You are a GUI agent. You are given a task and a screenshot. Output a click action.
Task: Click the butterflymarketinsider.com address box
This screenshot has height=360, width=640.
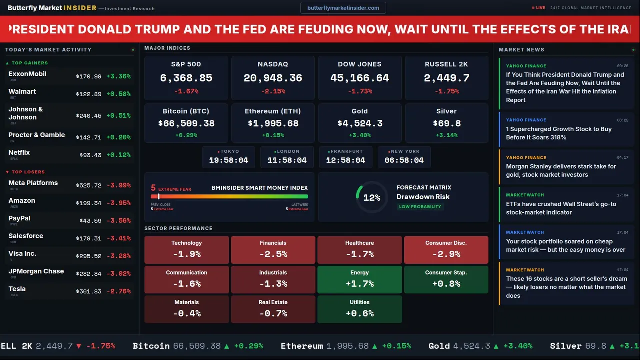click(x=343, y=8)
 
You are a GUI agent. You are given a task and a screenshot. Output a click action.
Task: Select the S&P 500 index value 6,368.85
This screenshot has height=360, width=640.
click(x=186, y=78)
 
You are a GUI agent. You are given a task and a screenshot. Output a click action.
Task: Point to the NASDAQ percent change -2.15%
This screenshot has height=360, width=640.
click(x=273, y=91)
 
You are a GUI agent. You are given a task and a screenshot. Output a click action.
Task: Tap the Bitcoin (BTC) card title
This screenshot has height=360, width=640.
click(x=186, y=111)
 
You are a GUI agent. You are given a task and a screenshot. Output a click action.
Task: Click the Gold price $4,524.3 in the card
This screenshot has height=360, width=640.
click(x=360, y=123)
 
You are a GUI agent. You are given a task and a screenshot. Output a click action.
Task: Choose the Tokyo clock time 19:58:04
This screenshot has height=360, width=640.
click(x=228, y=160)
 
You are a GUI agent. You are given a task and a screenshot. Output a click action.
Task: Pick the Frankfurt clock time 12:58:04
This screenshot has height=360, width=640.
click(x=345, y=160)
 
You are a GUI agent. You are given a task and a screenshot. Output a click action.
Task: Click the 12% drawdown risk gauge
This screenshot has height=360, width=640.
click(x=371, y=198)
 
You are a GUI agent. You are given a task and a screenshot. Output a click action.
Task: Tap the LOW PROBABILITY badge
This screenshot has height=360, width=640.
click(x=420, y=207)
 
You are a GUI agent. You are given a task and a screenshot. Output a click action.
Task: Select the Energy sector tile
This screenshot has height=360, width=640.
click(x=360, y=279)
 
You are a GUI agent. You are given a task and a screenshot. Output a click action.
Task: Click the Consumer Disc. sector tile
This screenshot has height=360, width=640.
click(x=446, y=250)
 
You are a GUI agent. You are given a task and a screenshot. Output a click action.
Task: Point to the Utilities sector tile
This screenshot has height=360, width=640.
click(x=360, y=309)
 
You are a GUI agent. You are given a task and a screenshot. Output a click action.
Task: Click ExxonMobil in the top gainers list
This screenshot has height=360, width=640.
click(x=27, y=74)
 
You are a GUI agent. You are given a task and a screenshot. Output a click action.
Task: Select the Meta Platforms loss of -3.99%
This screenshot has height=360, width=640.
click(x=118, y=185)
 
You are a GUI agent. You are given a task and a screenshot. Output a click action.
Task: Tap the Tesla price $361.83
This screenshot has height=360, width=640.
click(x=89, y=291)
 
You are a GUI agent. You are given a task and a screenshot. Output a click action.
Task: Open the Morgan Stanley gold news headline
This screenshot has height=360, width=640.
click(x=561, y=171)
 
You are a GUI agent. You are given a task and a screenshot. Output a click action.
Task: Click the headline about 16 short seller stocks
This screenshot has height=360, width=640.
click(x=566, y=287)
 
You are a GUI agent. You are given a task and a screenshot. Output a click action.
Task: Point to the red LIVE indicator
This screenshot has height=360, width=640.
click(x=539, y=8)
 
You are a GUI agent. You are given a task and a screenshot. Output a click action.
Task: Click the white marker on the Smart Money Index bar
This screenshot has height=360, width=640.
click(x=159, y=197)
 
